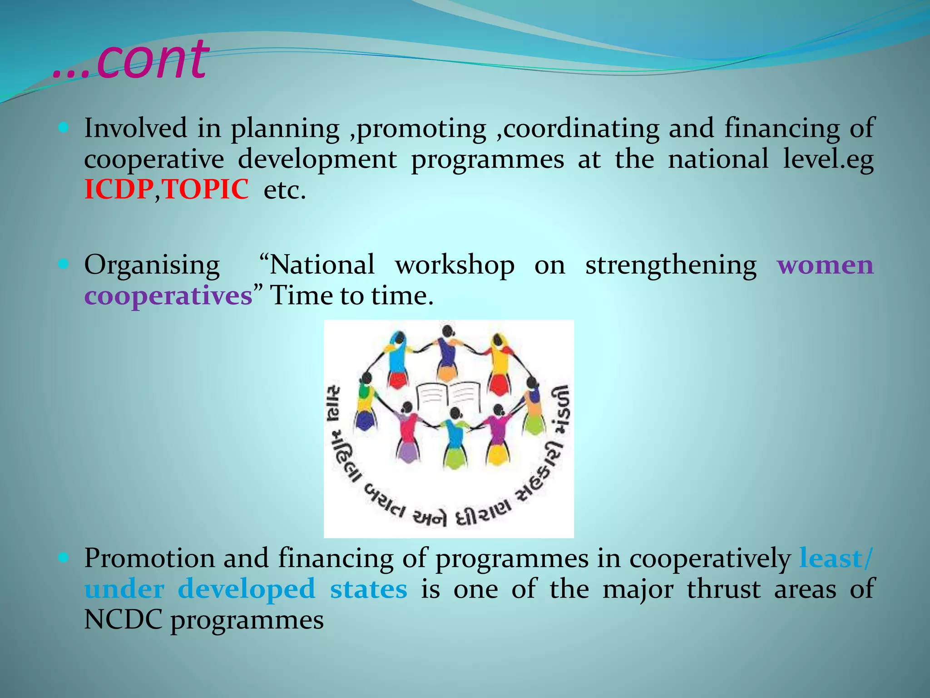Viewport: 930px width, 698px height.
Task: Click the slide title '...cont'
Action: point(131,60)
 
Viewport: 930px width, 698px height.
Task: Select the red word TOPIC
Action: point(206,189)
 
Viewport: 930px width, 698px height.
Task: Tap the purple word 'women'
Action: point(825,265)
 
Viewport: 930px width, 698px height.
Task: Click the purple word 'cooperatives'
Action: point(168,296)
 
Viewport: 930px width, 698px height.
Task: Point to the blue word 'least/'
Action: point(836,558)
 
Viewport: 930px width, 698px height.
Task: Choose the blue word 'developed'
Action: point(247,589)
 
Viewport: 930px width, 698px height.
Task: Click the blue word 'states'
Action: point(368,589)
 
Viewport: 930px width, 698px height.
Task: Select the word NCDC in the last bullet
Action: point(123,620)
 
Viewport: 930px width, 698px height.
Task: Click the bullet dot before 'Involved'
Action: point(64,128)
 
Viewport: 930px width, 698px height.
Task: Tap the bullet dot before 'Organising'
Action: point(64,264)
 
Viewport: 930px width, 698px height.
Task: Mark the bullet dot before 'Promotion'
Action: point(64,557)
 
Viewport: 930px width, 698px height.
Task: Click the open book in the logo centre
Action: point(449,396)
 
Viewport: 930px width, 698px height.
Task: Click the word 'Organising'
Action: point(152,265)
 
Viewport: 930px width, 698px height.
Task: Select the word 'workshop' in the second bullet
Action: point(455,265)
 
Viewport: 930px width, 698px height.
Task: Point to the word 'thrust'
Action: point(723,589)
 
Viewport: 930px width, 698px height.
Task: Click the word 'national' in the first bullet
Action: point(718,159)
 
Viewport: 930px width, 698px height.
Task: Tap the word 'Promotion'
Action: point(149,558)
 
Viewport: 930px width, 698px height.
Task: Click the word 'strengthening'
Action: point(671,265)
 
